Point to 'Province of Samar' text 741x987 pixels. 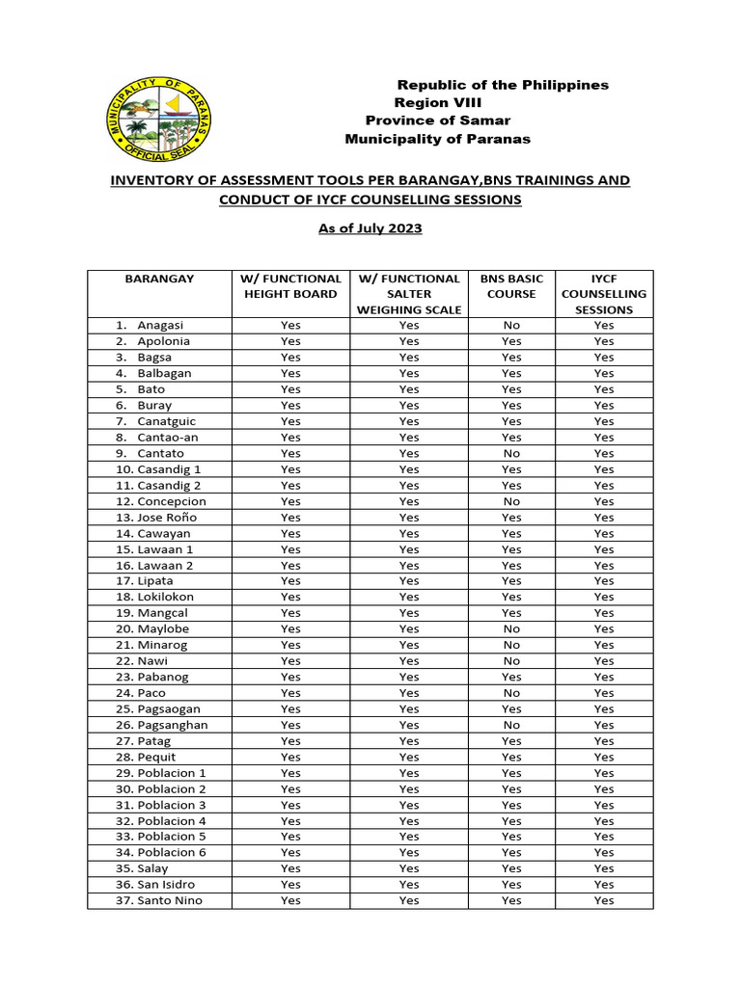point(437,120)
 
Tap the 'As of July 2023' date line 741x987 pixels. point(370,228)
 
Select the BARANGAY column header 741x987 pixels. point(159,279)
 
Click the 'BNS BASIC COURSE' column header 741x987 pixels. point(511,286)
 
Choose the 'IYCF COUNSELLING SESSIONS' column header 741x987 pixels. point(604,294)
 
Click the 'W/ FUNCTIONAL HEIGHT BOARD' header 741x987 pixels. point(290,286)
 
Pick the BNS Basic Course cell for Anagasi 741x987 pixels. point(511,326)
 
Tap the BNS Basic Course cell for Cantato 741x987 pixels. point(511,453)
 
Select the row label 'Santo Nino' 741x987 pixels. point(170,900)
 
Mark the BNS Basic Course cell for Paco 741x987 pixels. point(511,693)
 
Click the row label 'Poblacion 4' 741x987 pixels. point(172,821)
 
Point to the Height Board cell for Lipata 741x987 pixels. point(290,581)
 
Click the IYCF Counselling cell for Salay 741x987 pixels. point(604,868)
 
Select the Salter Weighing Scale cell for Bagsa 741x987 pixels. point(409,358)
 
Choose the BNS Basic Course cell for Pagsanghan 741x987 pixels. point(511,725)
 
